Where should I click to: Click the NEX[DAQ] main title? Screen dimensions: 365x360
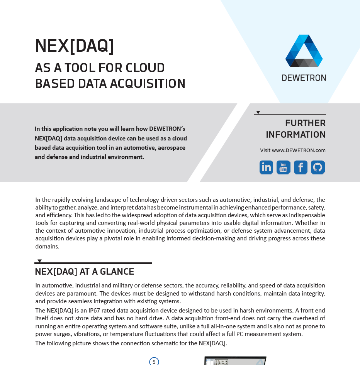tap(75, 46)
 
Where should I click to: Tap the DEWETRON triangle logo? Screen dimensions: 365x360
tap(304, 51)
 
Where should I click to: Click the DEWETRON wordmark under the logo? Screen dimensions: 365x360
tap(304, 78)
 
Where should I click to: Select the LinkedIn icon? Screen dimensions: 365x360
tap(266, 167)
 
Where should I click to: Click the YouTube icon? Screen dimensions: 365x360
tap(284, 167)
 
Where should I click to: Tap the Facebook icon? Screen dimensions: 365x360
tap(301, 167)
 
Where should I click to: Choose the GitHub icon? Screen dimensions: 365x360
tap(318, 167)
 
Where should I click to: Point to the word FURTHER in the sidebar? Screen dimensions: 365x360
tap(305, 123)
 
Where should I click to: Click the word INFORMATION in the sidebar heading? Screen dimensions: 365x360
tap(295, 135)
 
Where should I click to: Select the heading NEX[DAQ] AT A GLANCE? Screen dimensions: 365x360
tap(85, 272)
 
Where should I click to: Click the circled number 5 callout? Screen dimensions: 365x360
tap(154, 362)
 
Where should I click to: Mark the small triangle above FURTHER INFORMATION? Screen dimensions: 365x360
tap(258, 112)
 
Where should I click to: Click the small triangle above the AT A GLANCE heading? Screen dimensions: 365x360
tap(39, 261)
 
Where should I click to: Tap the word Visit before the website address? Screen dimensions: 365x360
tap(265, 150)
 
